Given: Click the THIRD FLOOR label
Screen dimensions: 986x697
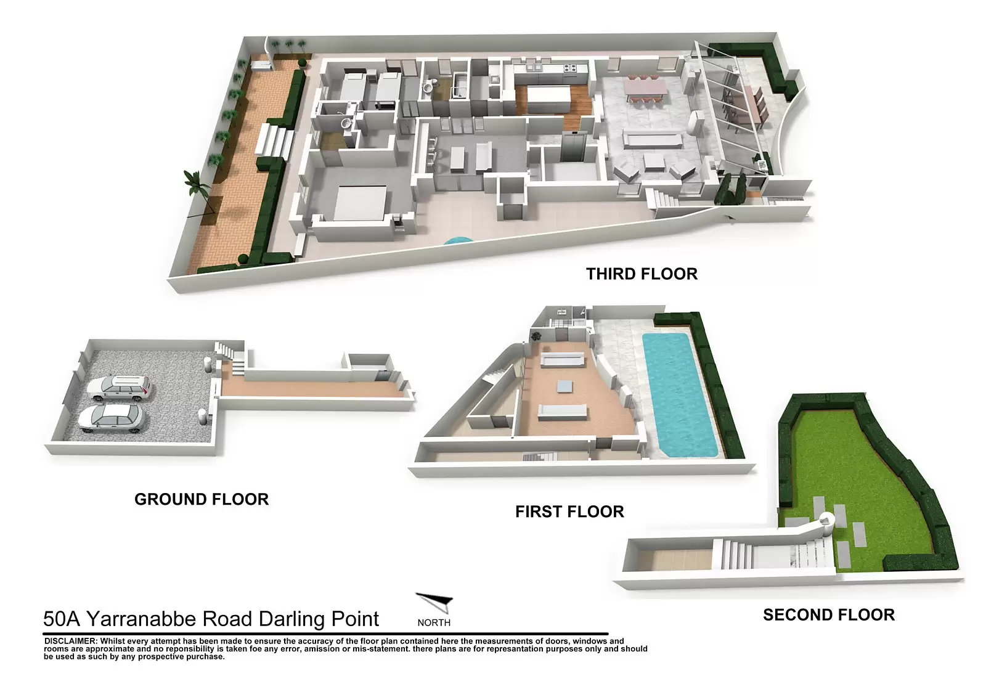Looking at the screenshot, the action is (x=642, y=274).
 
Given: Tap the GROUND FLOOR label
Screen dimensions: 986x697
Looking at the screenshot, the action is (x=201, y=499).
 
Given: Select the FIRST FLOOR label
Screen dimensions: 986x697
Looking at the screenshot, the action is (x=569, y=512).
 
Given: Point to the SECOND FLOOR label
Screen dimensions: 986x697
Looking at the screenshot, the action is (x=829, y=615).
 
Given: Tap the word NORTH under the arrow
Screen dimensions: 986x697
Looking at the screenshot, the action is (x=434, y=622).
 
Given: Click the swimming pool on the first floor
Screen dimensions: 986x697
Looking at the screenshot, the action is (x=680, y=394).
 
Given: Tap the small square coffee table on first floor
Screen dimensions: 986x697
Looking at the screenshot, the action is (x=564, y=386).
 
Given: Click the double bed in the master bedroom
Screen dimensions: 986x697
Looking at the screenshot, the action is (x=360, y=203).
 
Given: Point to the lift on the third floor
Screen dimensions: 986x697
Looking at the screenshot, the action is (x=572, y=147).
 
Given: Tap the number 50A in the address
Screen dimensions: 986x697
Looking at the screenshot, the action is (x=61, y=619).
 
